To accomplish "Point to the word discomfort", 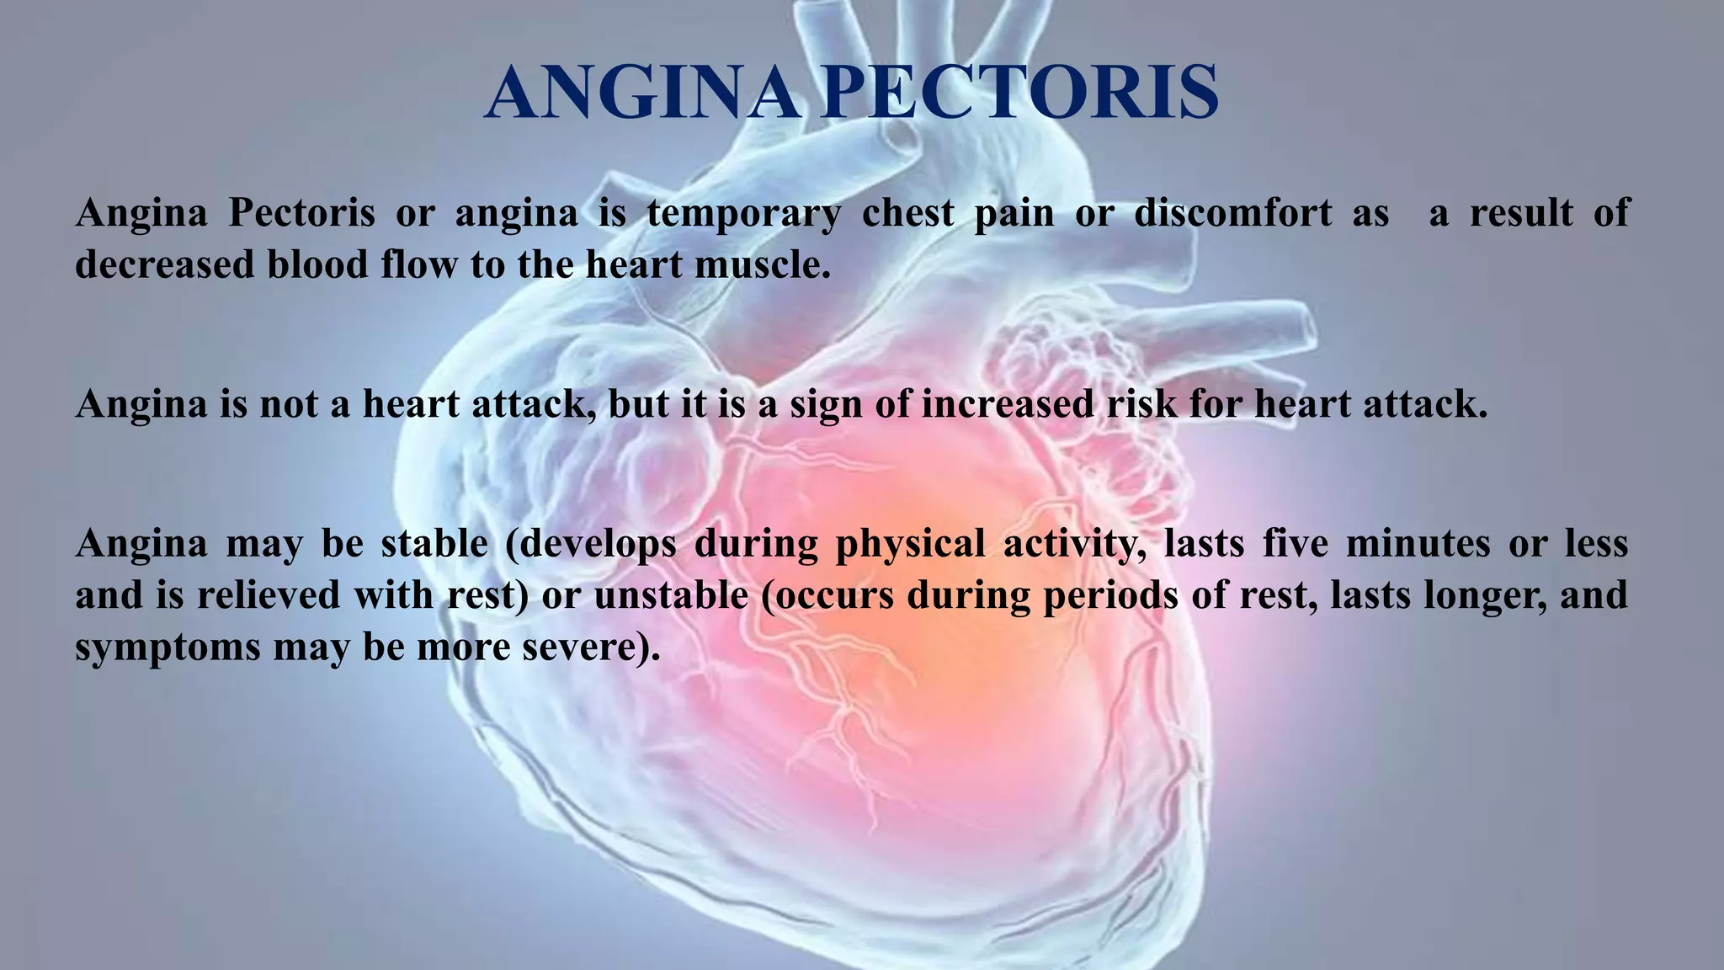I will click(1232, 213).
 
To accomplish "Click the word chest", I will click(907, 213).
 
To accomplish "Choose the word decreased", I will click(164, 265).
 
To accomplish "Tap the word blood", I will click(317, 265).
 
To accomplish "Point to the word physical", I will click(909, 544).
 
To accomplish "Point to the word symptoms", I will click(167, 648).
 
